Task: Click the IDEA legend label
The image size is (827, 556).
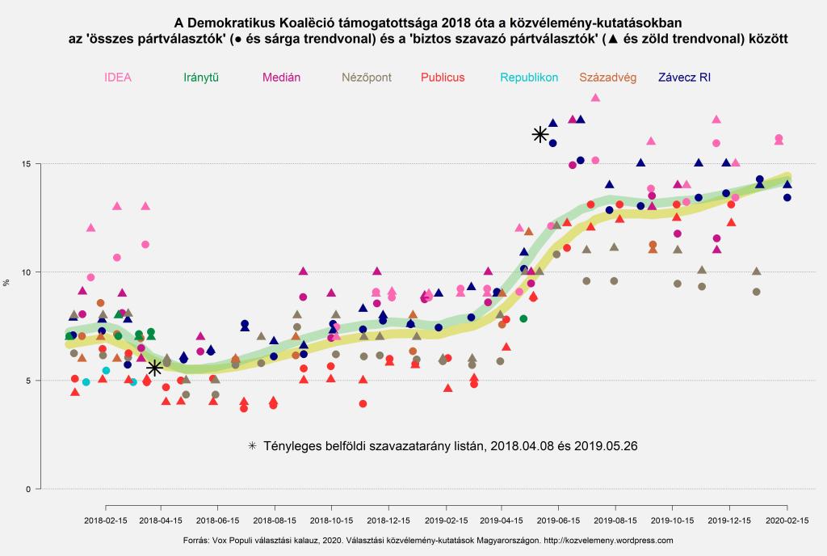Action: [x=118, y=78]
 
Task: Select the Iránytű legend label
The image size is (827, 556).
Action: [x=202, y=78]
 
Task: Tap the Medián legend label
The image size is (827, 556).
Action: [x=282, y=78]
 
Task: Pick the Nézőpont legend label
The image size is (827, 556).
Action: [x=367, y=78]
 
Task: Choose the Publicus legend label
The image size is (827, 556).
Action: [x=443, y=78]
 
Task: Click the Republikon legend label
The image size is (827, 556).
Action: [x=529, y=78]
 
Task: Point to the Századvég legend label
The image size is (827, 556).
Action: [x=608, y=78]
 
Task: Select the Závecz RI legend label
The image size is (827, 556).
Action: [x=684, y=78]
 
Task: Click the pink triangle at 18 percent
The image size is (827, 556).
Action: [x=595, y=98]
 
